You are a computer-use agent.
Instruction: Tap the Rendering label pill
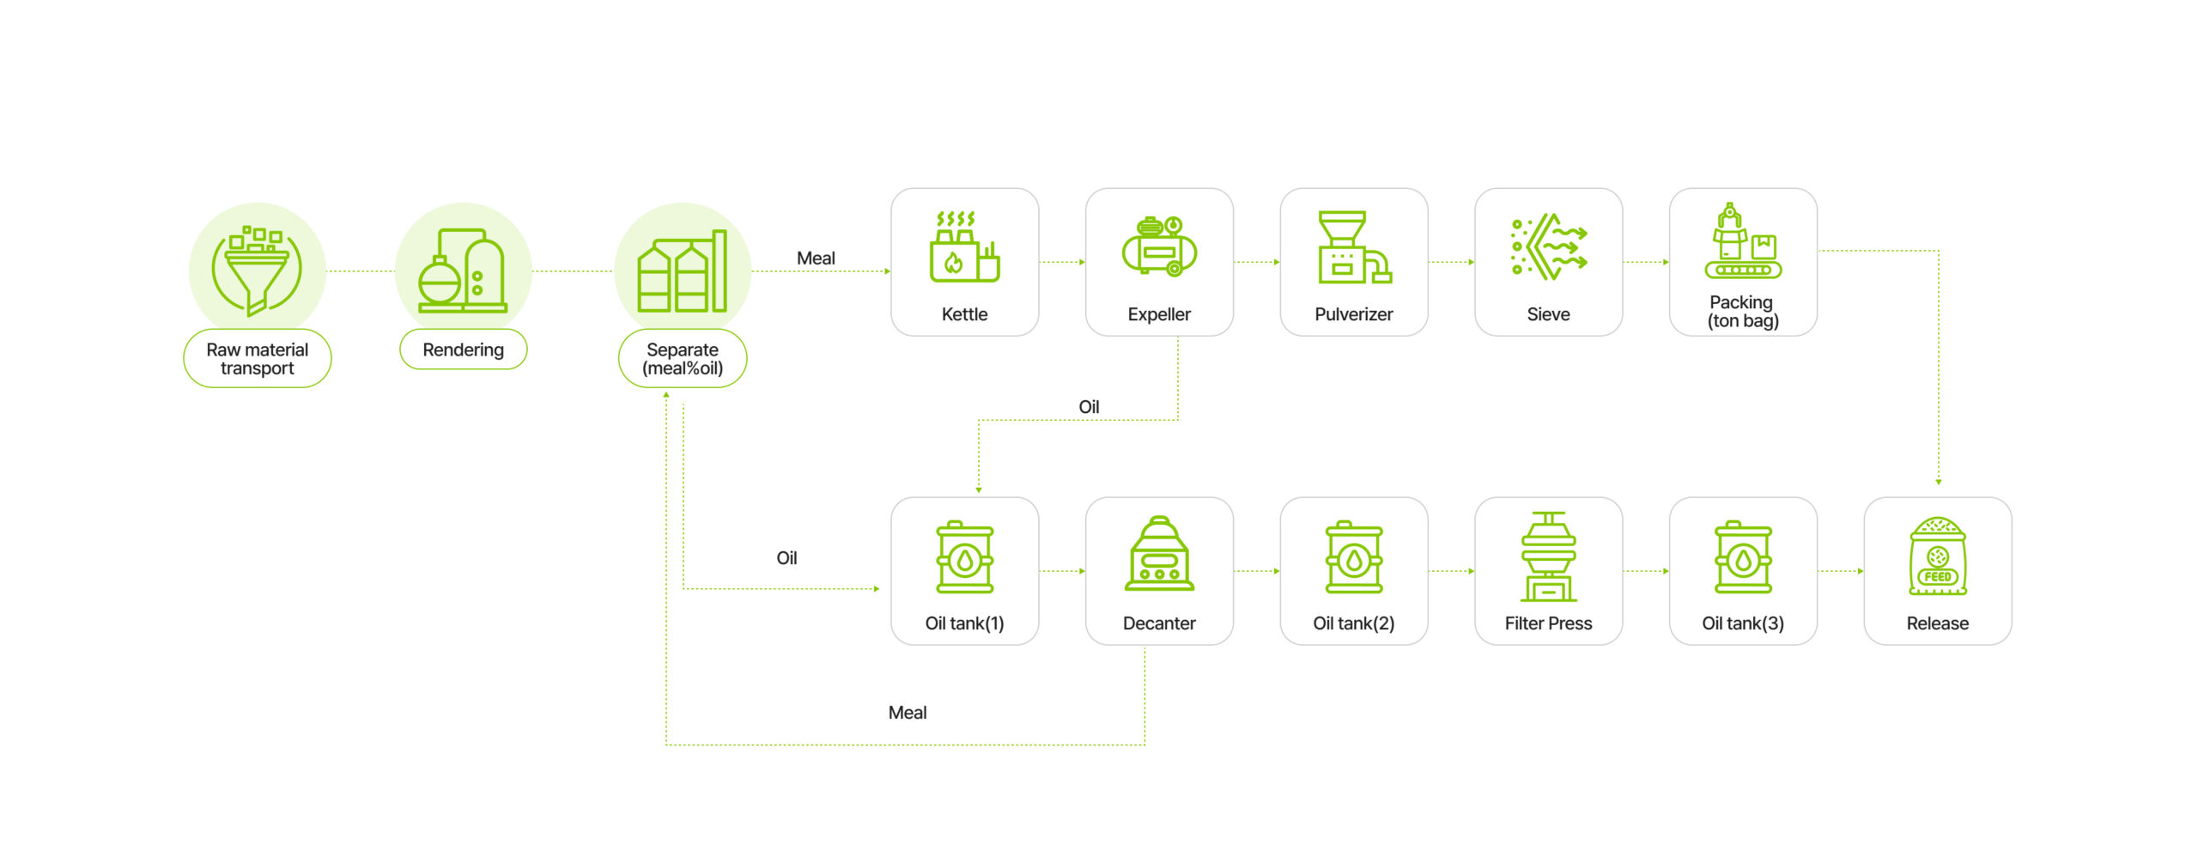462,349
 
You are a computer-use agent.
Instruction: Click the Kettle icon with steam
963,248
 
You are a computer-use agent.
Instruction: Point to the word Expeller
1158,314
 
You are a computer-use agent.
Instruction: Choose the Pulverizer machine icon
1353,248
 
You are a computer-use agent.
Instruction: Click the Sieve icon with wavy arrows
1547,248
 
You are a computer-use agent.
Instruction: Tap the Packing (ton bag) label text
1741,312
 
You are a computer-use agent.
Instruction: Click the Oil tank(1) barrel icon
963,557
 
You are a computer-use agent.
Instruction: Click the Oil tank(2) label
1352,623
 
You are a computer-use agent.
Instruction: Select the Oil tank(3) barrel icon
1741,557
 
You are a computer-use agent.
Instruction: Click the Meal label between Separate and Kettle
815,258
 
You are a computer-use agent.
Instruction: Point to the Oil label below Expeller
1088,407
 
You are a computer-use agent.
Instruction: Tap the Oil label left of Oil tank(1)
786,558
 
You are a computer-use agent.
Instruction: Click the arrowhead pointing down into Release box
1937,482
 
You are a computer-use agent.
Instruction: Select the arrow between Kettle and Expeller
1061,262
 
